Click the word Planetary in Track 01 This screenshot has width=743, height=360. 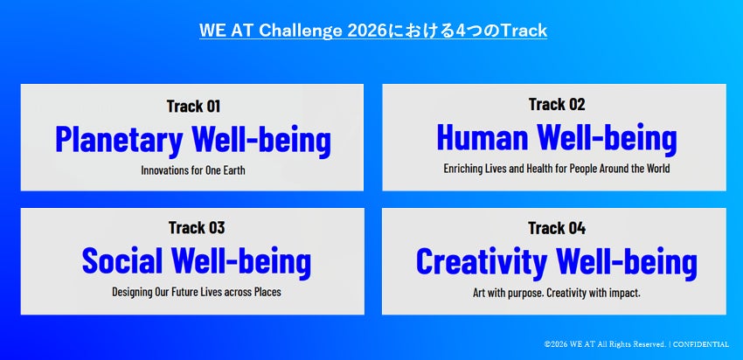[x=119, y=140]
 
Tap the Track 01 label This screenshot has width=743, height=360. [x=193, y=106]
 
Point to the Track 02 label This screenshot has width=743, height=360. [x=557, y=104]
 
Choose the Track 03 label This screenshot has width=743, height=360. [x=196, y=228]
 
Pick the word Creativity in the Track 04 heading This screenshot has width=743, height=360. [x=482, y=262]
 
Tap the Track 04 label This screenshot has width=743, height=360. [x=557, y=228]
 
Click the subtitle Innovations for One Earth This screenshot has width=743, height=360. [x=193, y=170]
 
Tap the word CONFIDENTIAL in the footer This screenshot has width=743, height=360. [x=701, y=344]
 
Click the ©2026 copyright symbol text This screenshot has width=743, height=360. [x=555, y=344]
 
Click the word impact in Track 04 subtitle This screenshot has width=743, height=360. [x=627, y=294]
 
